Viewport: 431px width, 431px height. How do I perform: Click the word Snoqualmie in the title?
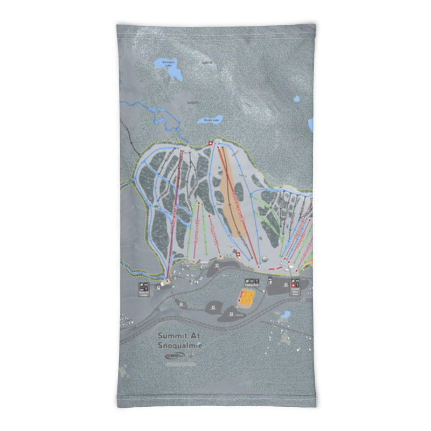180,345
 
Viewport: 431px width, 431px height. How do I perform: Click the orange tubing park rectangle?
247,297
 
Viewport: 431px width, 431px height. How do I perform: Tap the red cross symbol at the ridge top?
210,143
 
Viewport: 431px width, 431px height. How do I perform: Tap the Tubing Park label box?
249,282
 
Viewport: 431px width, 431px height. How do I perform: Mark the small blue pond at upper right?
311,125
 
